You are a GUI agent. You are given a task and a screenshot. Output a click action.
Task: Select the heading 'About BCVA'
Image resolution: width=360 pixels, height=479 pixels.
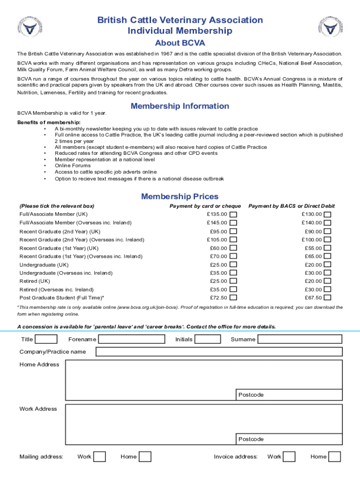point(180,43)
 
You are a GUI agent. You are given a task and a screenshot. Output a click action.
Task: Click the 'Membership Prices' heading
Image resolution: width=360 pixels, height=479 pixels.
point(180,196)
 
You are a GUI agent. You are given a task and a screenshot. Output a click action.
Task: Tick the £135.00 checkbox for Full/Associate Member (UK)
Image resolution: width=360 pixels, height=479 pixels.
point(233,214)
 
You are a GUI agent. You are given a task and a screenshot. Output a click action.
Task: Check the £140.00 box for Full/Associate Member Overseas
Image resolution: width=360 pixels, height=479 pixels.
point(328,223)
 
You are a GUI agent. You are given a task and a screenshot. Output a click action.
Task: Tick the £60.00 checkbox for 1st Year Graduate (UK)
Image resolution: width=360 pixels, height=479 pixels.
point(233,248)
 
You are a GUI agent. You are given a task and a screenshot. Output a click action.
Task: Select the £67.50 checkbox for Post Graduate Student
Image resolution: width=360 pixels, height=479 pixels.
point(328,298)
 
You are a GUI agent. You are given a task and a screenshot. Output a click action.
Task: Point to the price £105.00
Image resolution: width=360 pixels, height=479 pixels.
point(217,239)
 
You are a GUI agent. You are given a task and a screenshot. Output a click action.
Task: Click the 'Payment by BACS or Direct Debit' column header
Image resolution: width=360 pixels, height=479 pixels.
point(291,206)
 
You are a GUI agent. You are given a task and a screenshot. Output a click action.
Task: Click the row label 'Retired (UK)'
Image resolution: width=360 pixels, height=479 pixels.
point(35,281)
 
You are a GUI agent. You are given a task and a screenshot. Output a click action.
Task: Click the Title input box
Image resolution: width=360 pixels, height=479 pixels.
point(46,339)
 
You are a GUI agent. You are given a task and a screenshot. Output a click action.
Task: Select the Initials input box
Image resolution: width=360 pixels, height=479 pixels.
point(211,339)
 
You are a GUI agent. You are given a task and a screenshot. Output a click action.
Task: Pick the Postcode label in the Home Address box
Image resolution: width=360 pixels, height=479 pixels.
point(251,395)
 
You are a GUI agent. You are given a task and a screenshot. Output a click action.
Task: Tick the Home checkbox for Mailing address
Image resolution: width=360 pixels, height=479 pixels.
point(145,457)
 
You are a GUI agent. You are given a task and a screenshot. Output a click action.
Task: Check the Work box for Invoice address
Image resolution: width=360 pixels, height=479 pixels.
point(289,457)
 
